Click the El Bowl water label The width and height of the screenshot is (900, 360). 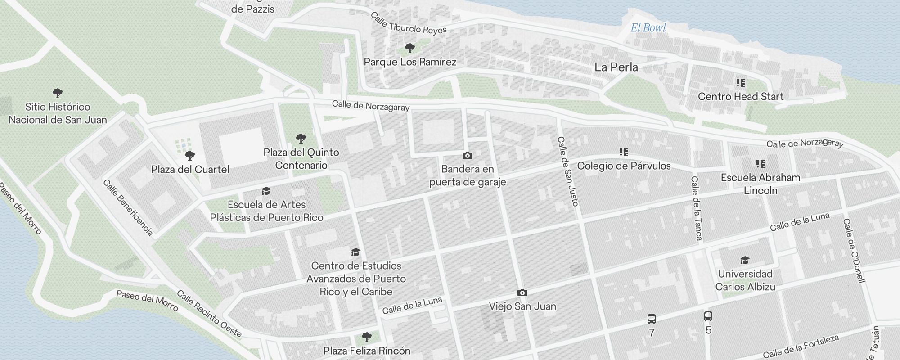(x=648, y=28)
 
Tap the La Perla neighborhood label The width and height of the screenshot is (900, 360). (x=616, y=67)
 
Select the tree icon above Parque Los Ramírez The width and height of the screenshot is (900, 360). (x=409, y=48)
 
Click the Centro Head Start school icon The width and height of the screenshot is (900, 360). (x=740, y=83)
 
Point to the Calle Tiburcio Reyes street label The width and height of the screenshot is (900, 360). (x=409, y=24)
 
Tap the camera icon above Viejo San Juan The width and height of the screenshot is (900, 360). (x=522, y=293)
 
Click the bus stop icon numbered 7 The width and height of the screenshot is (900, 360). (x=651, y=319)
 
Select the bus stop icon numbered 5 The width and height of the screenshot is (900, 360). (x=708, y=316)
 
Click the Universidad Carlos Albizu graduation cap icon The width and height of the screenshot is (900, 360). (x=745, y=261)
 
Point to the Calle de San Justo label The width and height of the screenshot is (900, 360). (x=567, y=171)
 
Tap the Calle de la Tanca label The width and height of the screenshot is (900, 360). (x=696, y=208)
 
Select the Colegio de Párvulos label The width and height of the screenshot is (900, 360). (x=624, y=166)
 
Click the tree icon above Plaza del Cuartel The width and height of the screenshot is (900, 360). (x=190, y=156)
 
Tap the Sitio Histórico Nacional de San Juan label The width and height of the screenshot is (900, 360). (x=58, y=113)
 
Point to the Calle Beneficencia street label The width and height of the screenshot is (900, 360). (x=128, y=207)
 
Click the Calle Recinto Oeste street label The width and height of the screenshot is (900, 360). (x=209, y=314)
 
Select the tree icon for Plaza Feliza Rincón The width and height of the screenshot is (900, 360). (x=367, y=337)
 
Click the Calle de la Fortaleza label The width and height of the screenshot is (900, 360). (x=801, y=347)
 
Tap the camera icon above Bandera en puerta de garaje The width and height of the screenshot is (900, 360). (x=468, y=156)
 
